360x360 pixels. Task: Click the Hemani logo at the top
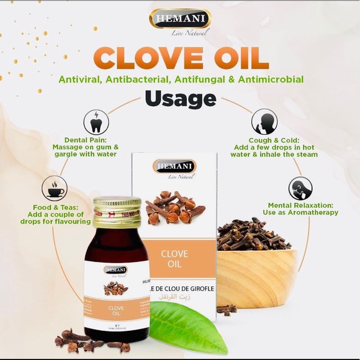tap(180, 19)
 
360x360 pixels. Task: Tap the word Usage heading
tap(181, 98)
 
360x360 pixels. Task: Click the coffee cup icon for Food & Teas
tap(54, 187)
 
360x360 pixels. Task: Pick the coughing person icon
tap(264, 120)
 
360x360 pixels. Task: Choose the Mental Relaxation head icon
tap(300, 188)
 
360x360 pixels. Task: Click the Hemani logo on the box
tap(174, 166)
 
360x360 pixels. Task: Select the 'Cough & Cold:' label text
tap(275, 140)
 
